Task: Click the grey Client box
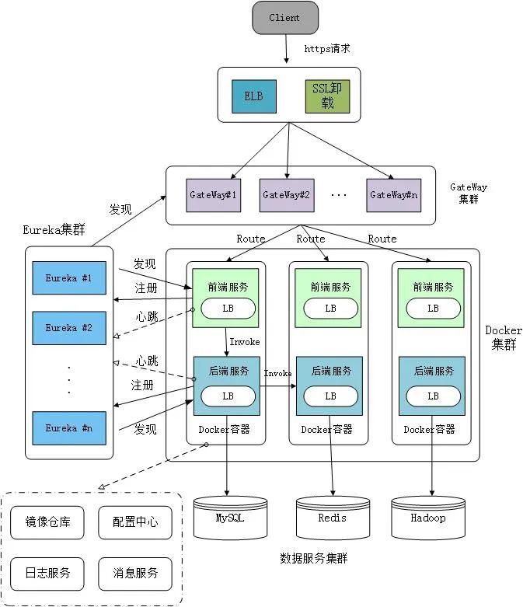(x=285, y=18)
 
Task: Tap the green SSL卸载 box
(x=327, y=96)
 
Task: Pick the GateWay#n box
(x=393, y=195)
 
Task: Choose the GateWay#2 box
(x=286, y=195)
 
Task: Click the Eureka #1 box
(x=68, y=277)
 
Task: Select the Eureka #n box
(x=68, y=428)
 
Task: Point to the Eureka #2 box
(x=68, y=328)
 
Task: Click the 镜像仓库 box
(x=48, y=522)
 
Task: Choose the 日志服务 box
(x=48, y=573)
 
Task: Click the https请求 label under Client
(x=327, y=48)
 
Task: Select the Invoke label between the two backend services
(x=278, y=374)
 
